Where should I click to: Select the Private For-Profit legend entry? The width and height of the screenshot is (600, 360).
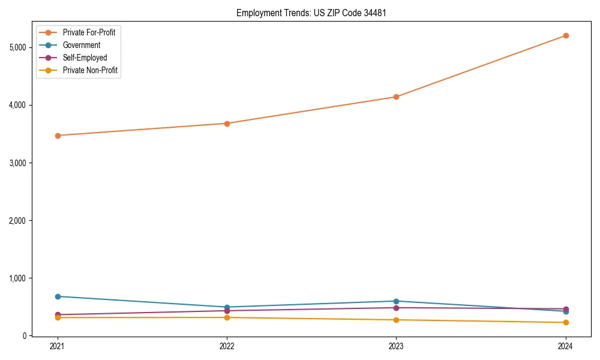coord(89,32)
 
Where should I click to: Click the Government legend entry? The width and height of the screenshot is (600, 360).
coord(82,45)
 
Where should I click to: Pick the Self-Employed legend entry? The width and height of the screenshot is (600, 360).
coord(85,58)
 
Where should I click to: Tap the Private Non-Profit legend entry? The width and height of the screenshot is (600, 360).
coord(90,70)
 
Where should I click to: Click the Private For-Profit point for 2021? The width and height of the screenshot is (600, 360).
coord(58,136)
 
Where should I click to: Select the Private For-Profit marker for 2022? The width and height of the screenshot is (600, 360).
coord(227,124)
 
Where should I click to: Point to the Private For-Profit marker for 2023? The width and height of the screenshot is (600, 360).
coord(396,97)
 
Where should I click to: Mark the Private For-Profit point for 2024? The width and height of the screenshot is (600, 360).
coord(566,35)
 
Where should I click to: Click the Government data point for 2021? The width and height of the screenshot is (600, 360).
coord(58,296)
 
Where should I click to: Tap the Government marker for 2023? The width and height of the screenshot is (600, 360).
coord(396,301)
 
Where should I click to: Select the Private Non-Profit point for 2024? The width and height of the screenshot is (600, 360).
coord(566,323)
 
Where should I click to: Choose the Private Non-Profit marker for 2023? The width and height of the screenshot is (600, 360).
coord(396,320)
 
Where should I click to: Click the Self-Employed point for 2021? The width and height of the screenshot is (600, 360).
coord(58,314)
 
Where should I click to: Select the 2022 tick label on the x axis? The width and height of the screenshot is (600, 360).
coord(227,346)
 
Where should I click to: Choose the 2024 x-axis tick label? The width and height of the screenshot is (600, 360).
coord(566,346)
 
